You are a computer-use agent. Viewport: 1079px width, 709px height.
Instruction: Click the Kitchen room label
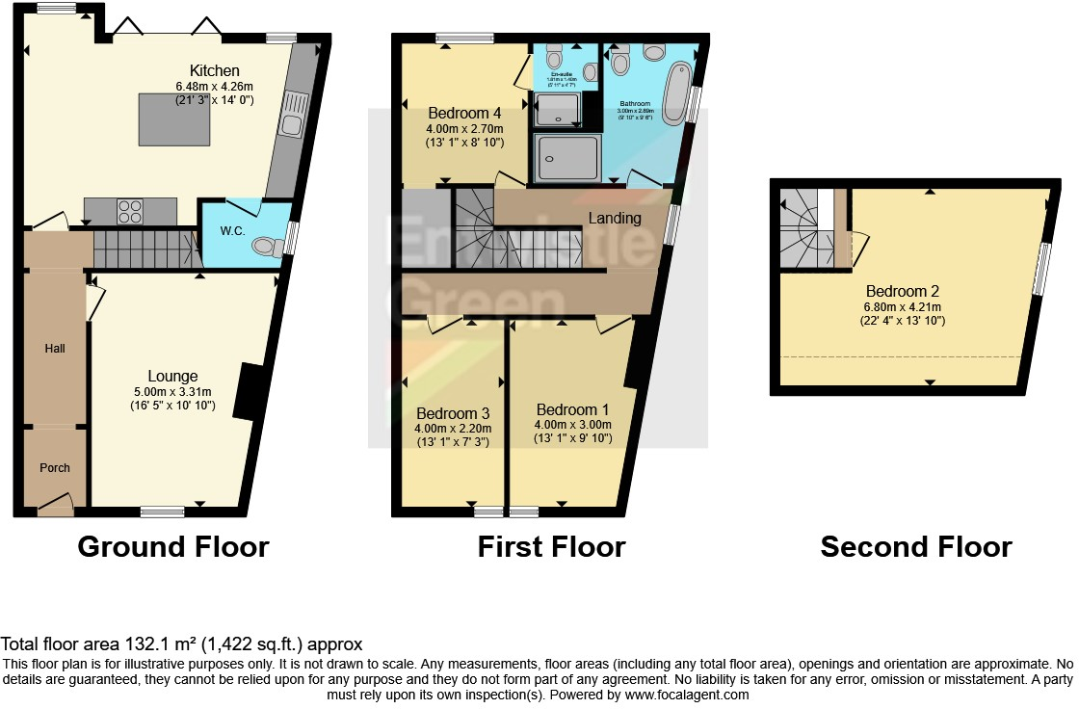pos(214,70)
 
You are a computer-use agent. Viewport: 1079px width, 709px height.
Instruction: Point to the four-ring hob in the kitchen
pos(130,209)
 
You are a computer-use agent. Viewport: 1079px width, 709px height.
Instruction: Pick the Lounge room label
pos(172,376)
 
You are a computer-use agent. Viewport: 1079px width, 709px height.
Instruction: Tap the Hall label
pos(55,348)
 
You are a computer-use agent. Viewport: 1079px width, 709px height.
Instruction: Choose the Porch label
pos(55,467)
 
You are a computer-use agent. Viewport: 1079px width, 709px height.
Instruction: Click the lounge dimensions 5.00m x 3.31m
pos(172,391)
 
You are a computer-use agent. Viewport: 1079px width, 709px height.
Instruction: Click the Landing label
pos(615,219)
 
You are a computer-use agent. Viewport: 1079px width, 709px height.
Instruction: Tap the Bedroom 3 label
pos(452,413)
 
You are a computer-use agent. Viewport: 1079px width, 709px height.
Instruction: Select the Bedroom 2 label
pos(902,291)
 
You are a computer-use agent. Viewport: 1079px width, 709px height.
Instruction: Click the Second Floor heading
pos(915,547)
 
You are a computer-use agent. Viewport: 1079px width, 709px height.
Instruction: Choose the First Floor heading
pos(551,547)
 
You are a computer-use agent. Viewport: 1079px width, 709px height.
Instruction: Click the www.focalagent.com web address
pos(686,694)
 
